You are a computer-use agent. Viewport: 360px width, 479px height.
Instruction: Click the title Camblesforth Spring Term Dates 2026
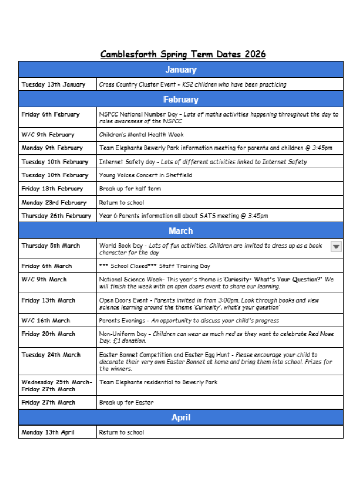[x=183, y=54]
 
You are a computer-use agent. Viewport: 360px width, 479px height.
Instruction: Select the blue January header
[x=181, y=70]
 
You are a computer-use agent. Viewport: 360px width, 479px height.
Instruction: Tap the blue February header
[x=181, y=99]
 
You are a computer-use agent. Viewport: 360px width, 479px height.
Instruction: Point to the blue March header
[x=181, y=231]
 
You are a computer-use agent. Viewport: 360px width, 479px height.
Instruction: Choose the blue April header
[x=181, y=418]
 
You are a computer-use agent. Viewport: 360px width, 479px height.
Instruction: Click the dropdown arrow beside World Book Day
[x=336, y=246]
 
